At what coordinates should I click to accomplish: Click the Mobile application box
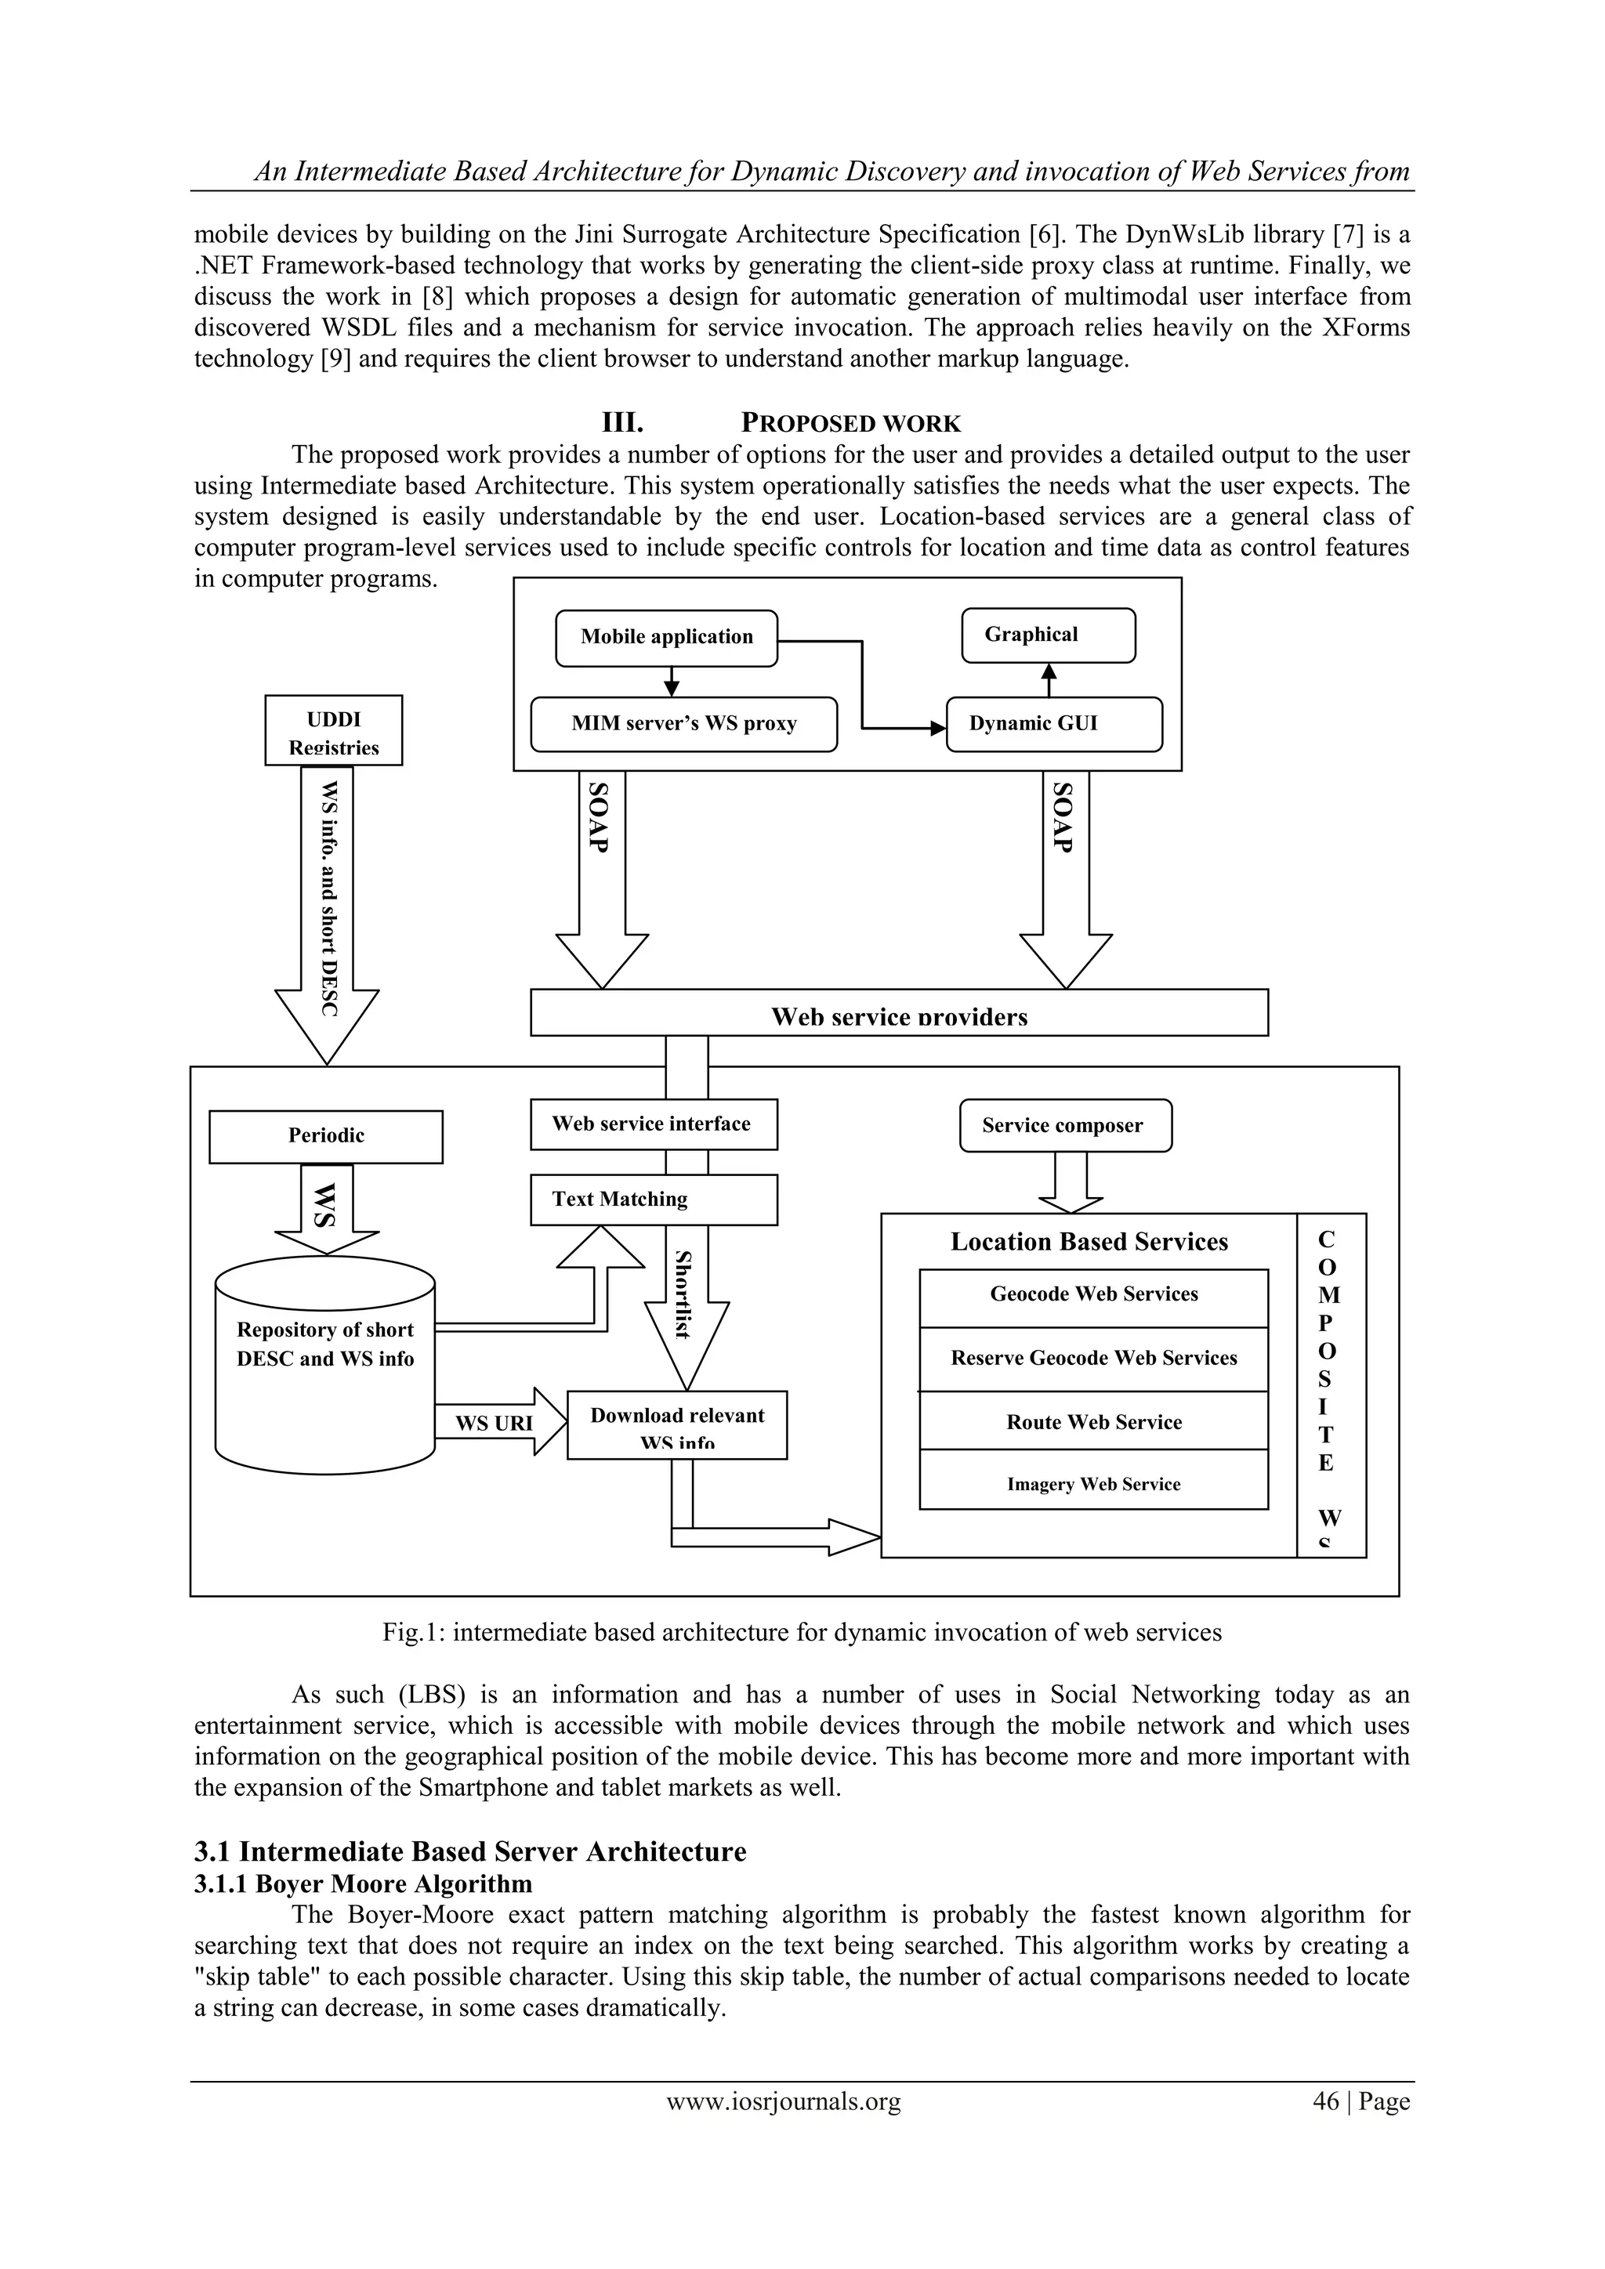(666, 638)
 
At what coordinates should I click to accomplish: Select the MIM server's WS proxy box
(684, 725)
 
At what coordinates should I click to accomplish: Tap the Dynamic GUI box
(1053, 725)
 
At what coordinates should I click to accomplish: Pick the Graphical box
(1049, 635)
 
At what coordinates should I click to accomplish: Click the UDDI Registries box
(334, 731)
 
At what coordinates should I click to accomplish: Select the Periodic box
(326, 1137)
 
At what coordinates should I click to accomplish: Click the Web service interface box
(654, 1124)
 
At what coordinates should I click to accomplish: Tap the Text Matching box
(654, 1200)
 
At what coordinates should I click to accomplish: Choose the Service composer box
(1065, 1126)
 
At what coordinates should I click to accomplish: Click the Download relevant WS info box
(677, 1425)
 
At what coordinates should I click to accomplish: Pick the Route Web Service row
(1093, 1422)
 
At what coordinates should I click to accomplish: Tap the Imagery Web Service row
(1093, 1485)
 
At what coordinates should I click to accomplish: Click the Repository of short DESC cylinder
(325, 1366)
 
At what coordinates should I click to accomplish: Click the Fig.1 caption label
(802, 1633)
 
